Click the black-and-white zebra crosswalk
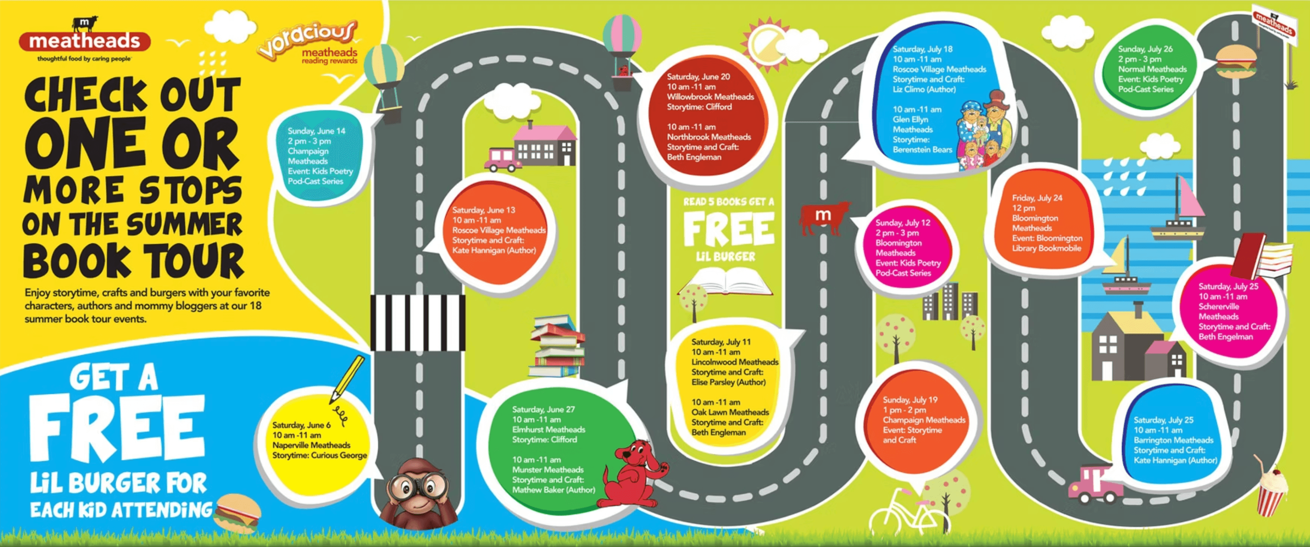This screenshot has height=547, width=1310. [x=417, y=322]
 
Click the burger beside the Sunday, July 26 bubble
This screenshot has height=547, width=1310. [x=1236, y=62]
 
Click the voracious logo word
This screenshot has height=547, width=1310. [x=307, y=38]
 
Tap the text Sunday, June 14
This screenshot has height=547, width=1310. [x=316, y=131]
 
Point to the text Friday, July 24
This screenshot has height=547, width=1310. [x=1037, y=198]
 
